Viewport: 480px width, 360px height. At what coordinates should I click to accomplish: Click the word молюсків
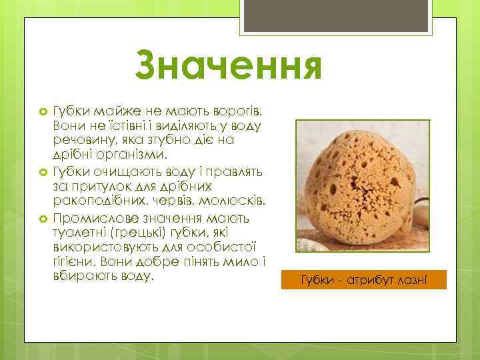click(x=233, y=202)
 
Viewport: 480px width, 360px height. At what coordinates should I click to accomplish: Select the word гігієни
click(x=72, y=264)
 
